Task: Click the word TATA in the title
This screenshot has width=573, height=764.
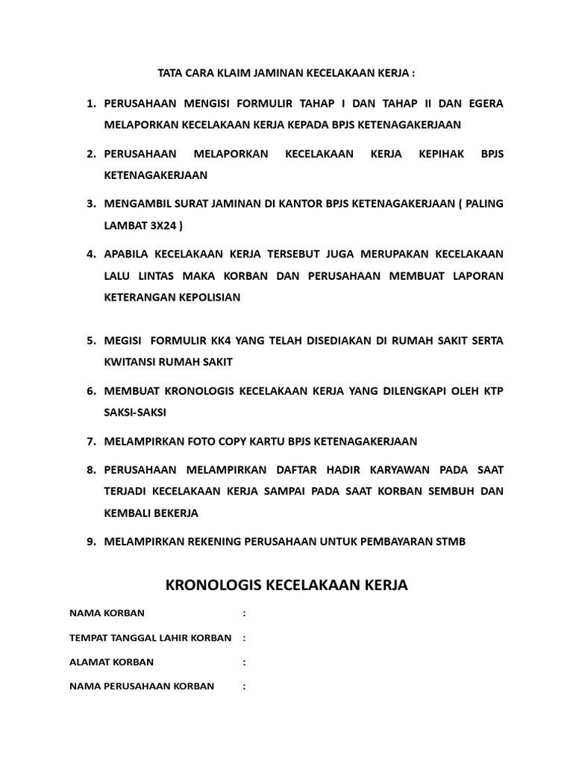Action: click(170, 74)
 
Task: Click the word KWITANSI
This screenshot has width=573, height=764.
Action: click(131, 362)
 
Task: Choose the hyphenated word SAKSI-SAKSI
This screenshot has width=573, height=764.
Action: click(136, 412)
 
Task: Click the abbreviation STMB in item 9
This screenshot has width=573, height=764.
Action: click(450, 542)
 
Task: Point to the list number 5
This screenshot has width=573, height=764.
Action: click(90, 341)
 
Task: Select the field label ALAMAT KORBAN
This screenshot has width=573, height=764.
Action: click(111, 662)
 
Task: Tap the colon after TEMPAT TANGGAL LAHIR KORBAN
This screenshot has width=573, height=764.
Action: click(244, 638)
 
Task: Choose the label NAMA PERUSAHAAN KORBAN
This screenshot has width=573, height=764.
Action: click(142, 686)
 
